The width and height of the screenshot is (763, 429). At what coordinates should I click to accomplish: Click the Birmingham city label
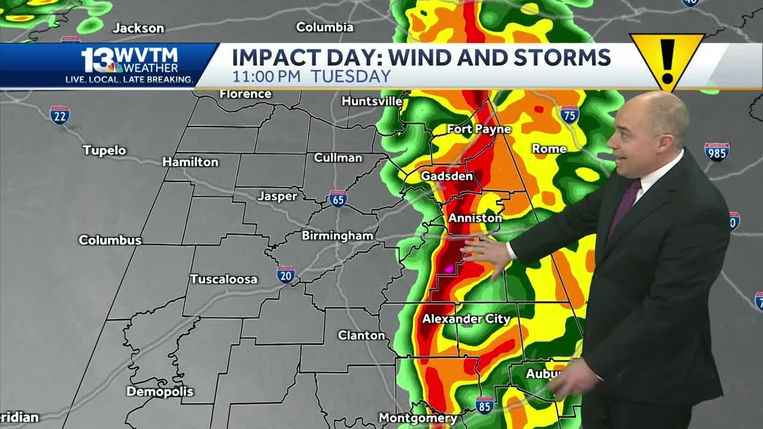tap(337, 235)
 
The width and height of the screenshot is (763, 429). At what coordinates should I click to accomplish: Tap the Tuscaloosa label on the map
tap(224, 279)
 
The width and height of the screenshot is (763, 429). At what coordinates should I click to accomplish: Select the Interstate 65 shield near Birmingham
tap(337, 199)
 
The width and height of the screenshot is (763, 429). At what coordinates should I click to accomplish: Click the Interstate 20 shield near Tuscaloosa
tap(286, 274)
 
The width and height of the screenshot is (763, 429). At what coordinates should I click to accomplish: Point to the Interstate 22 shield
tap(60, 115)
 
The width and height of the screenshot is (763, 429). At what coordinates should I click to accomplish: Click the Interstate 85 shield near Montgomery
tap(485, 406)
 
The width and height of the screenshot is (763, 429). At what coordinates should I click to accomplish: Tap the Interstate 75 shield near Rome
tap(569, 114)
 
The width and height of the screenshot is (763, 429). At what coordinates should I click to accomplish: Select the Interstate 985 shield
tap(717, 152)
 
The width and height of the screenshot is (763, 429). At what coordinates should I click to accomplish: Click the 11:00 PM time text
tap(268, 76)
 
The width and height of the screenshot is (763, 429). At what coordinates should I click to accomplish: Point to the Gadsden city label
tap(446, 176)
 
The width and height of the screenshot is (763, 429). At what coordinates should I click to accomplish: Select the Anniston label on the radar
tap(475, 218)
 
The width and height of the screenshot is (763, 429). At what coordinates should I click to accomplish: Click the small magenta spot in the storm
tap(449, 269)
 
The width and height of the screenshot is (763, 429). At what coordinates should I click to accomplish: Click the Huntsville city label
tap(372, 101)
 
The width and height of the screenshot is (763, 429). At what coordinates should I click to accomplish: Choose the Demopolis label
tap(160, 391)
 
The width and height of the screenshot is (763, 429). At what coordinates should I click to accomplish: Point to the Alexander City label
tap(466, 319)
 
